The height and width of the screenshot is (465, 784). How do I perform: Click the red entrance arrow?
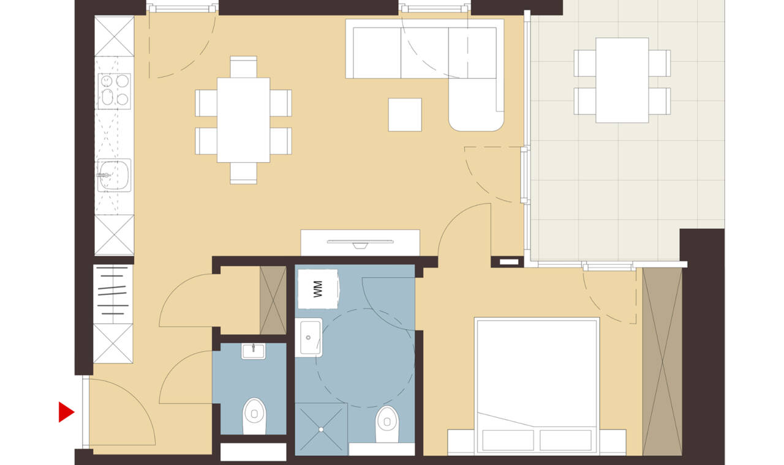[x=66, y=412]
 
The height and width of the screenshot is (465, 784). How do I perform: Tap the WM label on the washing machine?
[x=317, y=289]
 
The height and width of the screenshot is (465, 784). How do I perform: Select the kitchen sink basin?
[x=114, y=175]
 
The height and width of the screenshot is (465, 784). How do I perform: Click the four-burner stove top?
[x=114, y=91]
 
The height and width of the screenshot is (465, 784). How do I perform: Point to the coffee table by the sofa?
[x=405, y=114]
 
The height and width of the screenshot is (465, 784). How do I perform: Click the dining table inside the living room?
[x=243, y=120]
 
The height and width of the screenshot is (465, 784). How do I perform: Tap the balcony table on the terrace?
[x=622, y=80]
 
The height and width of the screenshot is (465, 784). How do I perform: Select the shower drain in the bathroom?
[x=321, y=430]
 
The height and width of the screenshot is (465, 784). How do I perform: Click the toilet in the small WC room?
[x=254, y=416]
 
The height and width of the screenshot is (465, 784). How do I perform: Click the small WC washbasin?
[x=253, y=351]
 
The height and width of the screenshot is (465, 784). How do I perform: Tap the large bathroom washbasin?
[x=308, y=337]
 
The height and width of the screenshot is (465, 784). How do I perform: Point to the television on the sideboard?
[x=360, y=244]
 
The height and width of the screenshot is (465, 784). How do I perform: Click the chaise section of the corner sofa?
[x=476, y=105]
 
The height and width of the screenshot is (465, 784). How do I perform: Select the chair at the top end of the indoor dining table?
[x=244, y=67]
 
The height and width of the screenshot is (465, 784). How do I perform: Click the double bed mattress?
[x=537, y=385]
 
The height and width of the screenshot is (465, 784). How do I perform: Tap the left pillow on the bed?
[x=508, y=440]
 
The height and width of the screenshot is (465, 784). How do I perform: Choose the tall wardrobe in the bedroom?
[x=662, y=362]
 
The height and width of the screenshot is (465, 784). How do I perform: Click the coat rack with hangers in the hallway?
[x=113, y=294]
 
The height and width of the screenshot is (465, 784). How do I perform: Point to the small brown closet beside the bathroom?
[x=273, y=300]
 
